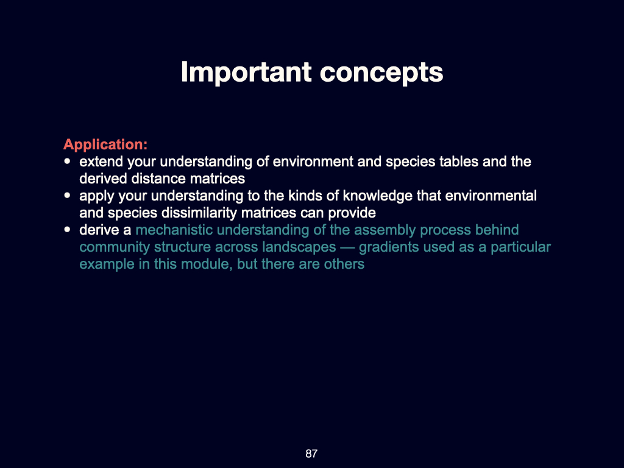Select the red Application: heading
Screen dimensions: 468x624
(105, 145)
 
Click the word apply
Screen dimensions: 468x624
(96, 196)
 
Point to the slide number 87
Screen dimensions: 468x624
(311, 453)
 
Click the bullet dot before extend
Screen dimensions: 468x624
(67, 163)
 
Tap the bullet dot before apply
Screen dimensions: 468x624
(67, 197)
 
